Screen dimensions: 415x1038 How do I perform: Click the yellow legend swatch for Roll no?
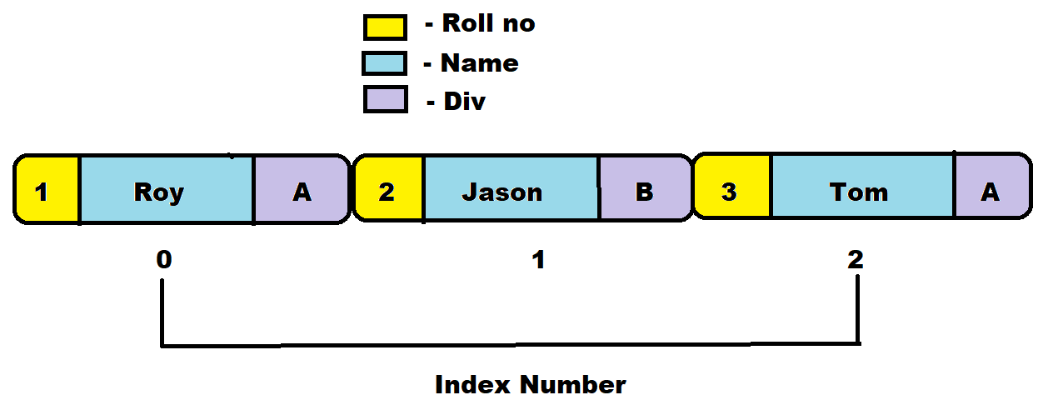385,27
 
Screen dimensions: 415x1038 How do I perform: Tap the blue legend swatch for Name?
384,64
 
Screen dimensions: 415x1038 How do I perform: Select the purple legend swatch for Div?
385,100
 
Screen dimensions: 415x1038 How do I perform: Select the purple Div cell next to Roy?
301,190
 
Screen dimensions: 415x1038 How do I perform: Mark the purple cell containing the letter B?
644,190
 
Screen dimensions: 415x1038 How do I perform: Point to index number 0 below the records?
164,260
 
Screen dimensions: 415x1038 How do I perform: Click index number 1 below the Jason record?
538,260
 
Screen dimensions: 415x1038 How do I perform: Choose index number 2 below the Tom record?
856,260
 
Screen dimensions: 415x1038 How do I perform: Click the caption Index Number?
530,384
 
